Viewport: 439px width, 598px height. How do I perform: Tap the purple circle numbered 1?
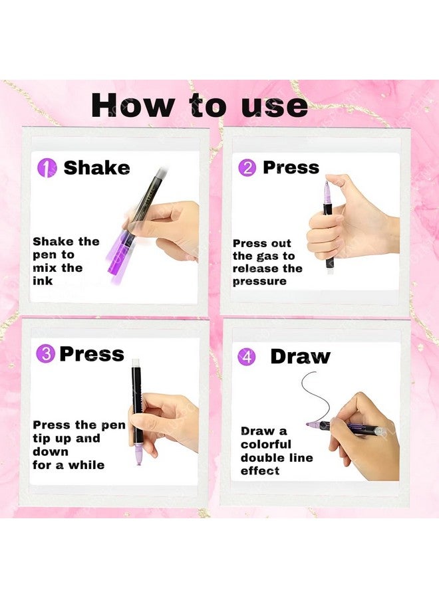pyautogui.click(x=47, y=168)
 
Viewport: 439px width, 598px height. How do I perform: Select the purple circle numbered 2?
pyautogui.click(x=247, y=168)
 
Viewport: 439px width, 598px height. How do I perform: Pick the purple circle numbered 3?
pyautogui.click(x=46, y=354)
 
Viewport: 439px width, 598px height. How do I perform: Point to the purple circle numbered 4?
pyautogui.click(x=247, y=357)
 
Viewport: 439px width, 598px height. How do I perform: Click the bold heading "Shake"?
pyautogui.click(x=96, y=168)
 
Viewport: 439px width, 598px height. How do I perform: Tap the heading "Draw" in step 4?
pyautogui.click(x=300, y=357)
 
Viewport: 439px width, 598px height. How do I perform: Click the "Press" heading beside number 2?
pyautogui.click(x=291, y=167)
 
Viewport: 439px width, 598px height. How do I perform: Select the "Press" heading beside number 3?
pyautogui.click(x=92, y=354)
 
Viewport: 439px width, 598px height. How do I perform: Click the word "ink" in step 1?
pyautogui.click(x=43, y=281)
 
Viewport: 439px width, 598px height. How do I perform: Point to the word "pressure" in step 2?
pyautogui.click(x=259, y=282)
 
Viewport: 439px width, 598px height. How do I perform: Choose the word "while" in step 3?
pyautogui.click(x=86, y=465)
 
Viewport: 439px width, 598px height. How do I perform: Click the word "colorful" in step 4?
pyautogui.click(x=265, y=445)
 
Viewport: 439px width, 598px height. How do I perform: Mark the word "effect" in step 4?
pyautogui.click(x=259, y=470)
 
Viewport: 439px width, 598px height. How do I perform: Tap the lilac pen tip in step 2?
pyautogui.click(x=327, y=190)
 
